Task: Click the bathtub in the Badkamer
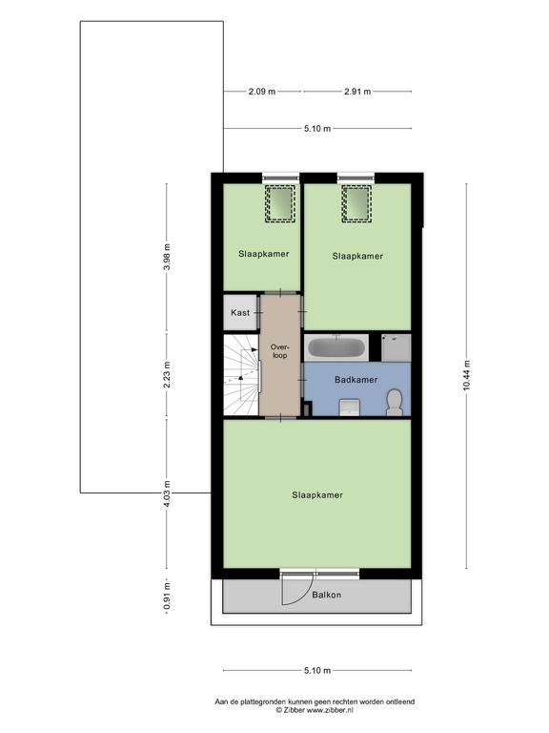click(x=335, y=347)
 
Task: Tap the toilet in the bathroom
click(x=395, y=403)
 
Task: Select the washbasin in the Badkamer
click(x=349, y=408)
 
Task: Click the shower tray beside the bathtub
click(x=396, y=347)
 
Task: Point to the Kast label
click(x=240, y=313)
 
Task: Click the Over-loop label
click(x=280, y=351)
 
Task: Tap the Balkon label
click(x=326, y=596)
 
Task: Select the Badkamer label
click(x=356, y=380)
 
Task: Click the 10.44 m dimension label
click(x=467, y=375)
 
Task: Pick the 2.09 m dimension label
click(x=262, y=92)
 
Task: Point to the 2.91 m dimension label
click(x=357, y=92)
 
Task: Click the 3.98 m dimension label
click(x=167, y=257)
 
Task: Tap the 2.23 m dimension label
click(x=167, y=375)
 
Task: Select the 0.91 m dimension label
click(x=167, y=597)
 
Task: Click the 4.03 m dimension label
click(x=167, y=494)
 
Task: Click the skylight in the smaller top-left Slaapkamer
click(x=280, y=203)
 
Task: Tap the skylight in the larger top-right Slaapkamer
click(x=356, y=203)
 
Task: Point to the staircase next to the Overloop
click(x=241, y=375)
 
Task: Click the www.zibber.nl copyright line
click(x=315, y=710)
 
